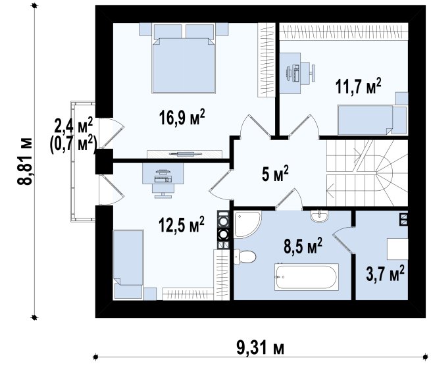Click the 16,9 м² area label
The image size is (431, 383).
coord(182,117)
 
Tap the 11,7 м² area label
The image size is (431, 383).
coord(358,86)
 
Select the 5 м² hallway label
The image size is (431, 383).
coord(275,174)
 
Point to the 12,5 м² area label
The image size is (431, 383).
coord(182,224)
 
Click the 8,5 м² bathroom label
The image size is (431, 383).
coord(303,245)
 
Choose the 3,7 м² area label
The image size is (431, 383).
coord(385,273)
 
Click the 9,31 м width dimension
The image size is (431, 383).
coord(261,348)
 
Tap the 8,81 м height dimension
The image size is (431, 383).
coord(25,161)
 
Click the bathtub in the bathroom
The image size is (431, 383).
coord(307,277)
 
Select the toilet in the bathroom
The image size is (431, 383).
coord(245,257)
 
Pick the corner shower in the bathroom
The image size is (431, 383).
coord(247,224)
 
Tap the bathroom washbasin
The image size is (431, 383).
coord(319,216)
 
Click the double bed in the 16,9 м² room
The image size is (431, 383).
coord(184,59)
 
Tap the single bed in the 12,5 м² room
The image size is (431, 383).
coord(128,265)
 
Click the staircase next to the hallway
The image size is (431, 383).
coord(367,172)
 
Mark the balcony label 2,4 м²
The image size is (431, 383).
coord(74,126)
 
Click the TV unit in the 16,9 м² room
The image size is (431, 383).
coord(184,154)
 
